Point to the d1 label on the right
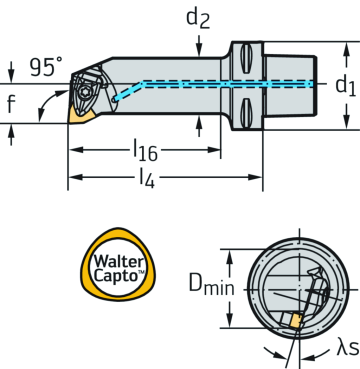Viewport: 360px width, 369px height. tap(343, 85)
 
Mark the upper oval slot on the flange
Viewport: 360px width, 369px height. tap(245, 55)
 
